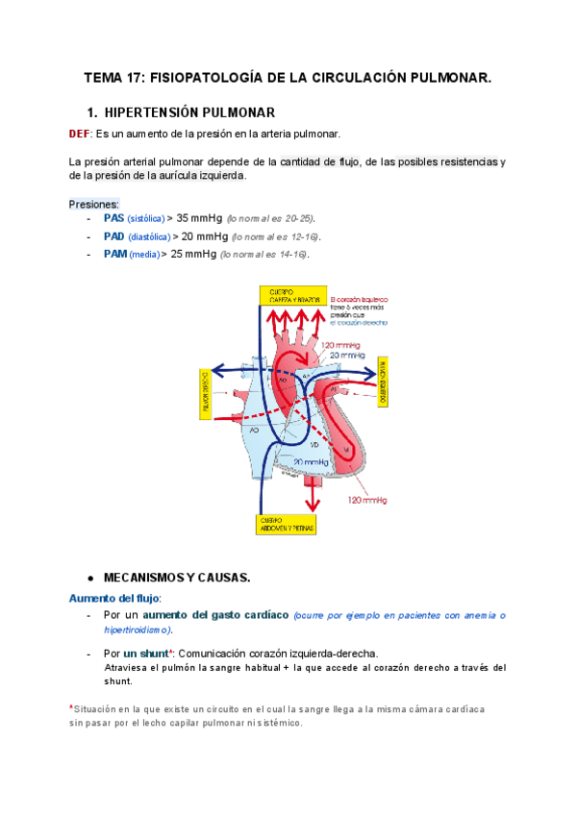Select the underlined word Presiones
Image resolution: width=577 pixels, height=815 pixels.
point(94,204)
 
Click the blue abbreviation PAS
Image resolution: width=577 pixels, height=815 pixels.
point(113,218)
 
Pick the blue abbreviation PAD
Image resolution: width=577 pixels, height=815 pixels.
point(113,236)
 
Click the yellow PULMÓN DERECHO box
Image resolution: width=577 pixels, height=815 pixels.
point(204,392)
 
